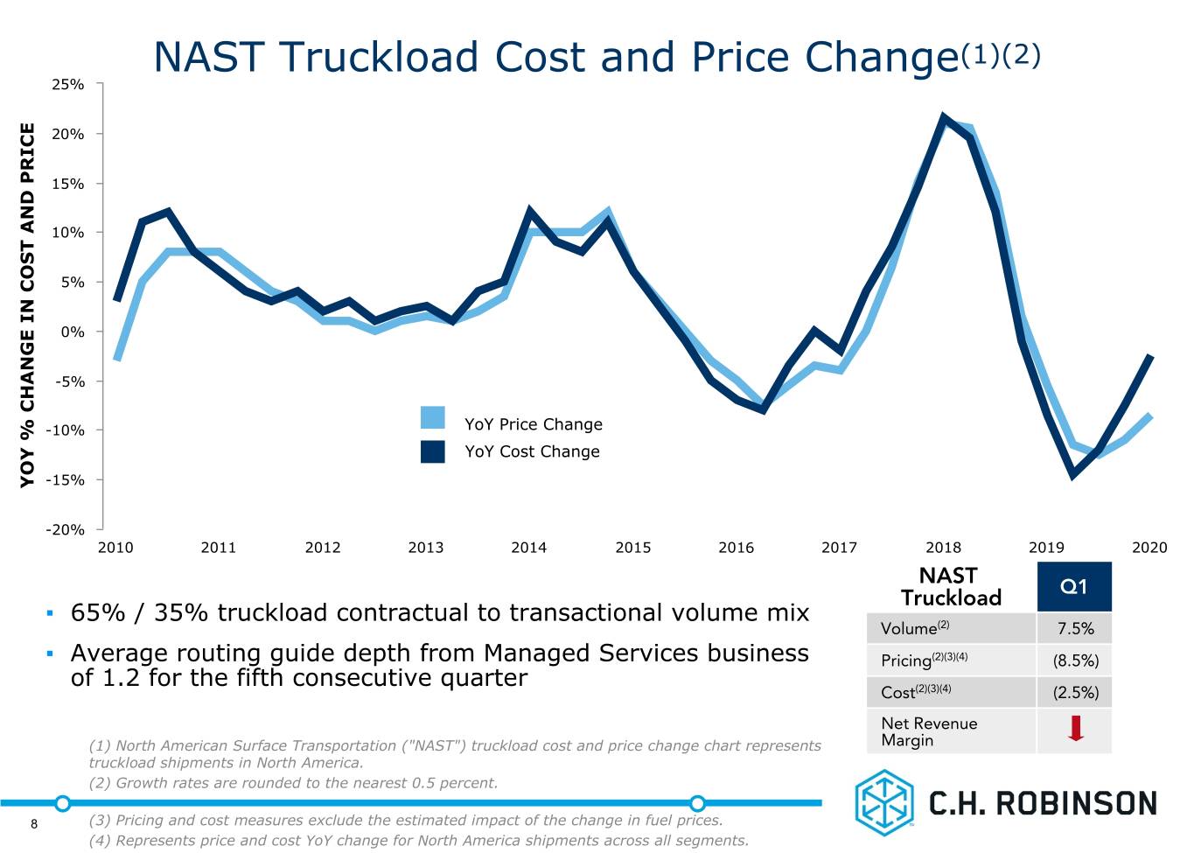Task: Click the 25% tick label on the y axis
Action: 67,84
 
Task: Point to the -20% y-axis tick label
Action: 65,529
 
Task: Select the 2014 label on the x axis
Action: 528,548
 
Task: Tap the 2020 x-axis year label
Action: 1149,548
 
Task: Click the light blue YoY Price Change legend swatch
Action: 432,417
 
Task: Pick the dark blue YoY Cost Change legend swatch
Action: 432,451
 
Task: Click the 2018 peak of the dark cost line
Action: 943,117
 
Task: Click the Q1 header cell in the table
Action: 1074,586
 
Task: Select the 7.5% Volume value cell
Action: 1074,628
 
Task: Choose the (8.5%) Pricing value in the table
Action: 1074,660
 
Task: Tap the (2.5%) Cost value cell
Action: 1074,692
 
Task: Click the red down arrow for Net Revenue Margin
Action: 1076,728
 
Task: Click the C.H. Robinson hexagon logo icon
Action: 884,802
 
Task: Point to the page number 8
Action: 34,824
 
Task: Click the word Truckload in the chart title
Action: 379,57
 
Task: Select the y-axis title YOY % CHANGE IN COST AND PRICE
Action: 27,305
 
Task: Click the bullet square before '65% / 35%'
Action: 50,613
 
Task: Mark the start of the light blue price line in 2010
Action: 116,360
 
